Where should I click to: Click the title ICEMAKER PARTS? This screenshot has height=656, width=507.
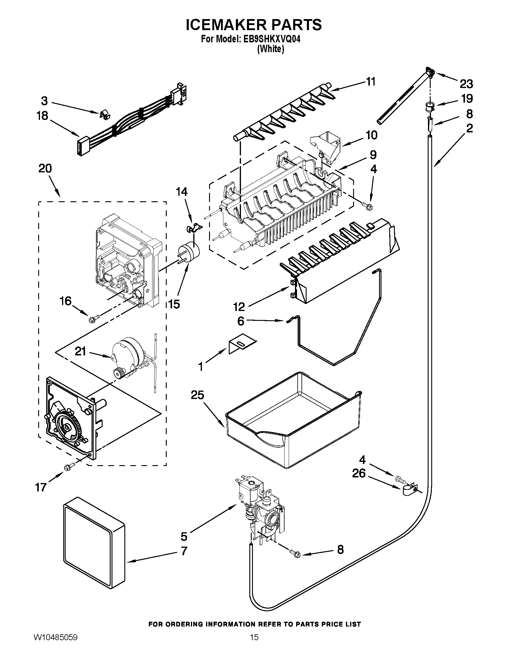coord(253,25)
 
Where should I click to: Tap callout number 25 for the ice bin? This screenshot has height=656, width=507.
coord(197,395)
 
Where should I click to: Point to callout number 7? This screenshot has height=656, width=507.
coord(184,551)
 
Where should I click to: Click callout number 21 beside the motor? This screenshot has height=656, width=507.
coord(80,351)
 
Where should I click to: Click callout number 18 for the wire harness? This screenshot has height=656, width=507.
coord(42,116)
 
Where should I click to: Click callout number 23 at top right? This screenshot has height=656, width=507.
coord(466,84)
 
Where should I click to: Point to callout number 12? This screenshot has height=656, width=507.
coord(239,307)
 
